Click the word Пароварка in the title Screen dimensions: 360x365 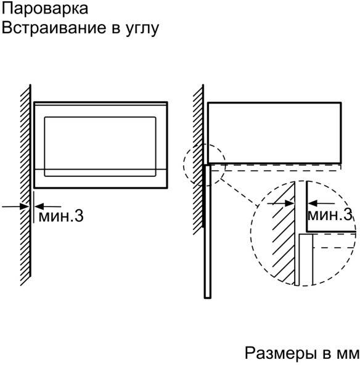45,9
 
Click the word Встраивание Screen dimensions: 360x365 54,28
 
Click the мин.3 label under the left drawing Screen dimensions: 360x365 61,216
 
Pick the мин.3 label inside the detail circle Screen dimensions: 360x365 330,215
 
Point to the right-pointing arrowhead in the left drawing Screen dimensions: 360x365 24,207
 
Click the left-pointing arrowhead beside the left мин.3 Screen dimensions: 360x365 39,207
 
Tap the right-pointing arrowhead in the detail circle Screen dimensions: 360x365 290,203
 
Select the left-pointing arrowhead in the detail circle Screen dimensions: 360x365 313,203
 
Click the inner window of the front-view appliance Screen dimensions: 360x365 100,147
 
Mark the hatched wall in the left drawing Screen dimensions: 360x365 25,185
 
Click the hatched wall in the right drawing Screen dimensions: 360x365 198,160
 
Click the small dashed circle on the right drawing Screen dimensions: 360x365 184,165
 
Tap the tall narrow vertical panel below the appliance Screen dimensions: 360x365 208,231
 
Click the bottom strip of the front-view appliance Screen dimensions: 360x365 100,179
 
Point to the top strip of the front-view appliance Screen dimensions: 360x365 100,104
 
